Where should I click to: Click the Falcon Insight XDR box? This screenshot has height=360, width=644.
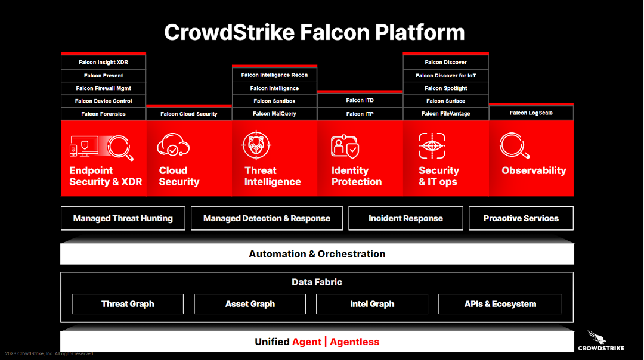[103, 63]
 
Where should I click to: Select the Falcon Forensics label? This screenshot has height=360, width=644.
[103, 114]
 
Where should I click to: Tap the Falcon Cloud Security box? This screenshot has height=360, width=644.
[189, 114]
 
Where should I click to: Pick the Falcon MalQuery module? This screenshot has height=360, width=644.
[274, 114]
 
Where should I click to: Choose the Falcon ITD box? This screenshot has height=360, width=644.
[360, 100]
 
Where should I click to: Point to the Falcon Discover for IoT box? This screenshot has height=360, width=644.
[445, 76]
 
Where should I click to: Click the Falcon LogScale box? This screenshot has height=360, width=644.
[531, 113]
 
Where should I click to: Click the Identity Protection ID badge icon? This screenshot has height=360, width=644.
[345, 147]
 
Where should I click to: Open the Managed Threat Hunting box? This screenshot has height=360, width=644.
[123, 218]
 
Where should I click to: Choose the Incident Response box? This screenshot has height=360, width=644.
[405, 218]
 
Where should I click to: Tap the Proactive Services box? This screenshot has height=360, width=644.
[521, 218]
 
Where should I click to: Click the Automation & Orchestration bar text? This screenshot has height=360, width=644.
[317, 254]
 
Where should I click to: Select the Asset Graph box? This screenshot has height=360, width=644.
[250, 304]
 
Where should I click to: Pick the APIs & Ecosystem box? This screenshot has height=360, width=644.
[500, 304]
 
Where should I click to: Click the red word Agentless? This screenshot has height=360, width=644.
[355, 342]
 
